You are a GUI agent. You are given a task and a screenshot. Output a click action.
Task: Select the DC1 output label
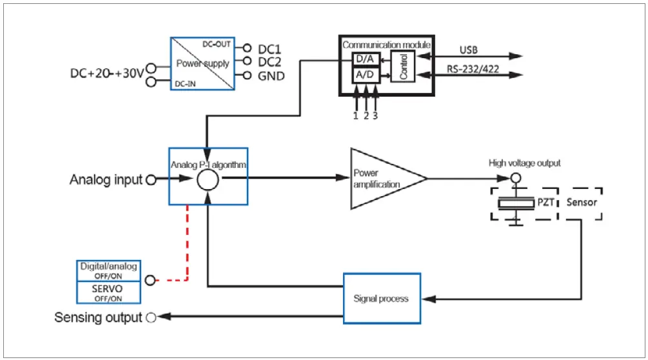pyautogui.click(x=270, y=48)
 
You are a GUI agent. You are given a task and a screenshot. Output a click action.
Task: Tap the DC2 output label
pyautogui.click(x=270, y=62)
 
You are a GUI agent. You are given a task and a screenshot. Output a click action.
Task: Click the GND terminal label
pyautogui.click(x=271, y=76)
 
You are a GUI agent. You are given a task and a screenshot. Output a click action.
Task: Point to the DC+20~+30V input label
pyautogui.click(x=106, y=73)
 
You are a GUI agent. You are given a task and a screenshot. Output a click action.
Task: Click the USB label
pyautogui.click(x=469, y=50)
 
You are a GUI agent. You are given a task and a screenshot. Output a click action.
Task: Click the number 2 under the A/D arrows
pyautogui.click(x=366, y=115)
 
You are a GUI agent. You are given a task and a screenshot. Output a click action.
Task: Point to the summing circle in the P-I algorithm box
pyautogui.click(x=208, y=181)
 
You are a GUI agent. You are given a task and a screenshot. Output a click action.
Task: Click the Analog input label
pyautogui.click(x=106, y=180)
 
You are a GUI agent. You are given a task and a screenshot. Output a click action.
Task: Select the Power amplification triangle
pyautogui.click(x=380, y=179)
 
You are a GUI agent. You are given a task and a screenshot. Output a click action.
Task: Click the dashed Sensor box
pyautogui.click(x=584, y=203)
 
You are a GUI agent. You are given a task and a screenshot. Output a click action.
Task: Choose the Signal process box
pyautogui.click(x=381, y=298)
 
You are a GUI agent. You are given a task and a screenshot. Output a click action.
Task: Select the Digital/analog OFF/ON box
pyautogui.click(x=107, y=270)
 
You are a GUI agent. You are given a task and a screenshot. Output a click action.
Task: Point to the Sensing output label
pyautogui.click(x=97, y=317)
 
